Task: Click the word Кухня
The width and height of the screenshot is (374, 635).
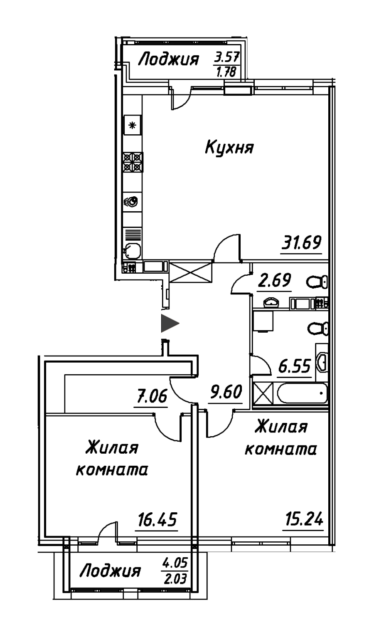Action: pyautogui.click(x=229, y=148)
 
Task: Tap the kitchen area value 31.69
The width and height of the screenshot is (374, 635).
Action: pyautogui.click(x=302, y=242)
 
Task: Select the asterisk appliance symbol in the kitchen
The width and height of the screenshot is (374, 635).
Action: pyautogui.click(x=133, y=125)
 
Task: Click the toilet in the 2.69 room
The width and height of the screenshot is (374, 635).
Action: pyautogui.click(x=317, y=282)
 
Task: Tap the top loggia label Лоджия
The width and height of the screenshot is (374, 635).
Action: pyautogui.click(x=167, y=60)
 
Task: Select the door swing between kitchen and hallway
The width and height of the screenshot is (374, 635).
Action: pyautogui.click(x=227, y=248)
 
